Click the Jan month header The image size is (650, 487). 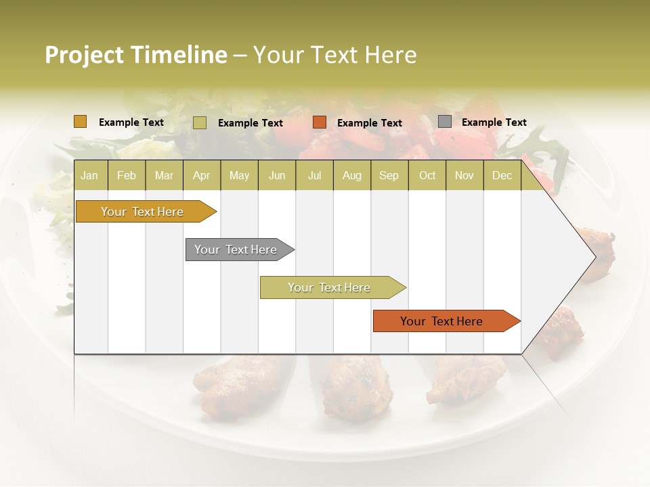click(89, 176)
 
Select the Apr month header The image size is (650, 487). click(201, 176)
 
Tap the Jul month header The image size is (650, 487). click(314, 176)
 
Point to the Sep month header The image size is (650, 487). click(389, 176)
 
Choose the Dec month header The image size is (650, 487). click(502, 176)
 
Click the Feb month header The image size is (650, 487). click(127, 176)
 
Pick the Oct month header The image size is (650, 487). click(427, 176)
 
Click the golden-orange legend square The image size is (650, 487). click(81, 122)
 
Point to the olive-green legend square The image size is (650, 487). click(200, 122)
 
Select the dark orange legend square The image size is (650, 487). click(320, 122)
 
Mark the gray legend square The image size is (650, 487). click(445, 122)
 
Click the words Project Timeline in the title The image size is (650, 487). click(135, 55)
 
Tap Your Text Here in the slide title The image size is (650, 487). click(334, 55)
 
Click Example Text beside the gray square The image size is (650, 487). click(494, 122)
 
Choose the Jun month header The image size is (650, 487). click(277, 176)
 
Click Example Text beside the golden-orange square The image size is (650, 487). click(131, 122)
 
